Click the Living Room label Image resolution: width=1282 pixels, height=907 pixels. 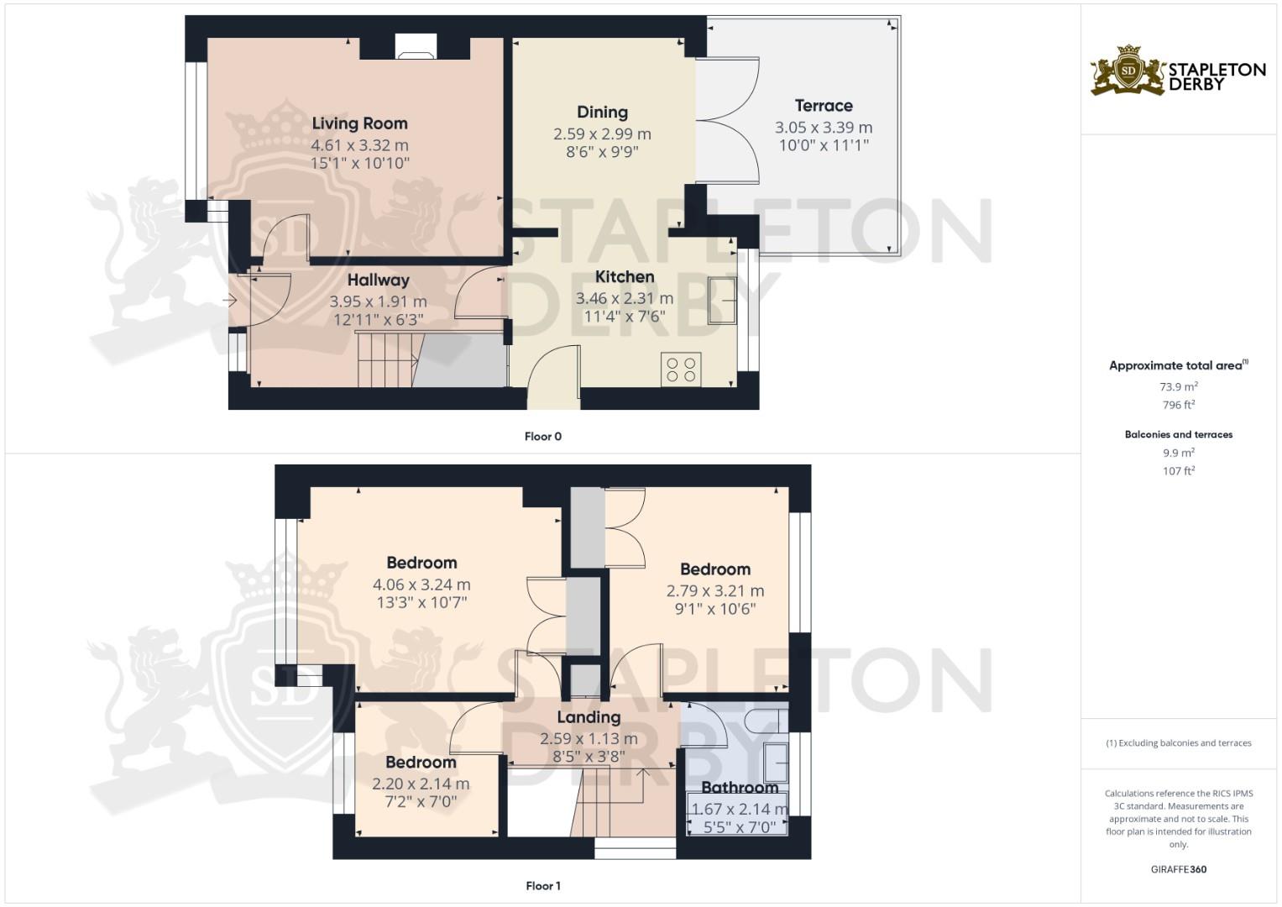click(359, 123)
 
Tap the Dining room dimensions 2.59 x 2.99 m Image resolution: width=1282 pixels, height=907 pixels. click(602, 134)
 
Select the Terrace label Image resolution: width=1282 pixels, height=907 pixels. click(824, 106)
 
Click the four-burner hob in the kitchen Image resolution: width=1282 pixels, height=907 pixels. click(681, 370)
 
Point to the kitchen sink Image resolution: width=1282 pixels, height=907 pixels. click(722, 300)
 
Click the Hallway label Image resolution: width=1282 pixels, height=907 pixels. click(378, 280)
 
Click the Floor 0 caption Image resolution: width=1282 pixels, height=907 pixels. click(542, 437)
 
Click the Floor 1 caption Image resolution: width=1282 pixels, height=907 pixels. click(542, 886)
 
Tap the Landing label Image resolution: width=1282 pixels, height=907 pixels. click(589, 717)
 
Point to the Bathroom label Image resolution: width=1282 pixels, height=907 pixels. click(740, 788)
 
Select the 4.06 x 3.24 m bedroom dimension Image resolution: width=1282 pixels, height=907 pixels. click(421, 585)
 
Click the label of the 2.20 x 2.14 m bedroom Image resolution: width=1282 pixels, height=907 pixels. click(421, 763)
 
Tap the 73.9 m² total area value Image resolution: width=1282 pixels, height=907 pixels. click(1178, 387)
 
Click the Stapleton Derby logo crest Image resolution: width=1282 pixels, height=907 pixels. click(1128, 71)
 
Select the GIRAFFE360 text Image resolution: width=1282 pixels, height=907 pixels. click(1178, 869)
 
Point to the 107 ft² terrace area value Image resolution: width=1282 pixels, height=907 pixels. click(1178, 471)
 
